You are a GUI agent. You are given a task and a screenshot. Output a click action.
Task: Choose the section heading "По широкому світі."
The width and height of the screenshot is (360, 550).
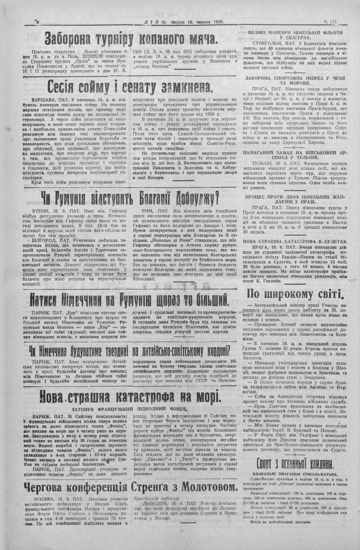click(294, 294)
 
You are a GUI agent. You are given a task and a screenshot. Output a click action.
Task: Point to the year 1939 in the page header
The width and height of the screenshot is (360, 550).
click(217, 22)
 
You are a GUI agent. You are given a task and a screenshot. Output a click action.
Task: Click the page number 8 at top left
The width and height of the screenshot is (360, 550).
click(38, 22)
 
